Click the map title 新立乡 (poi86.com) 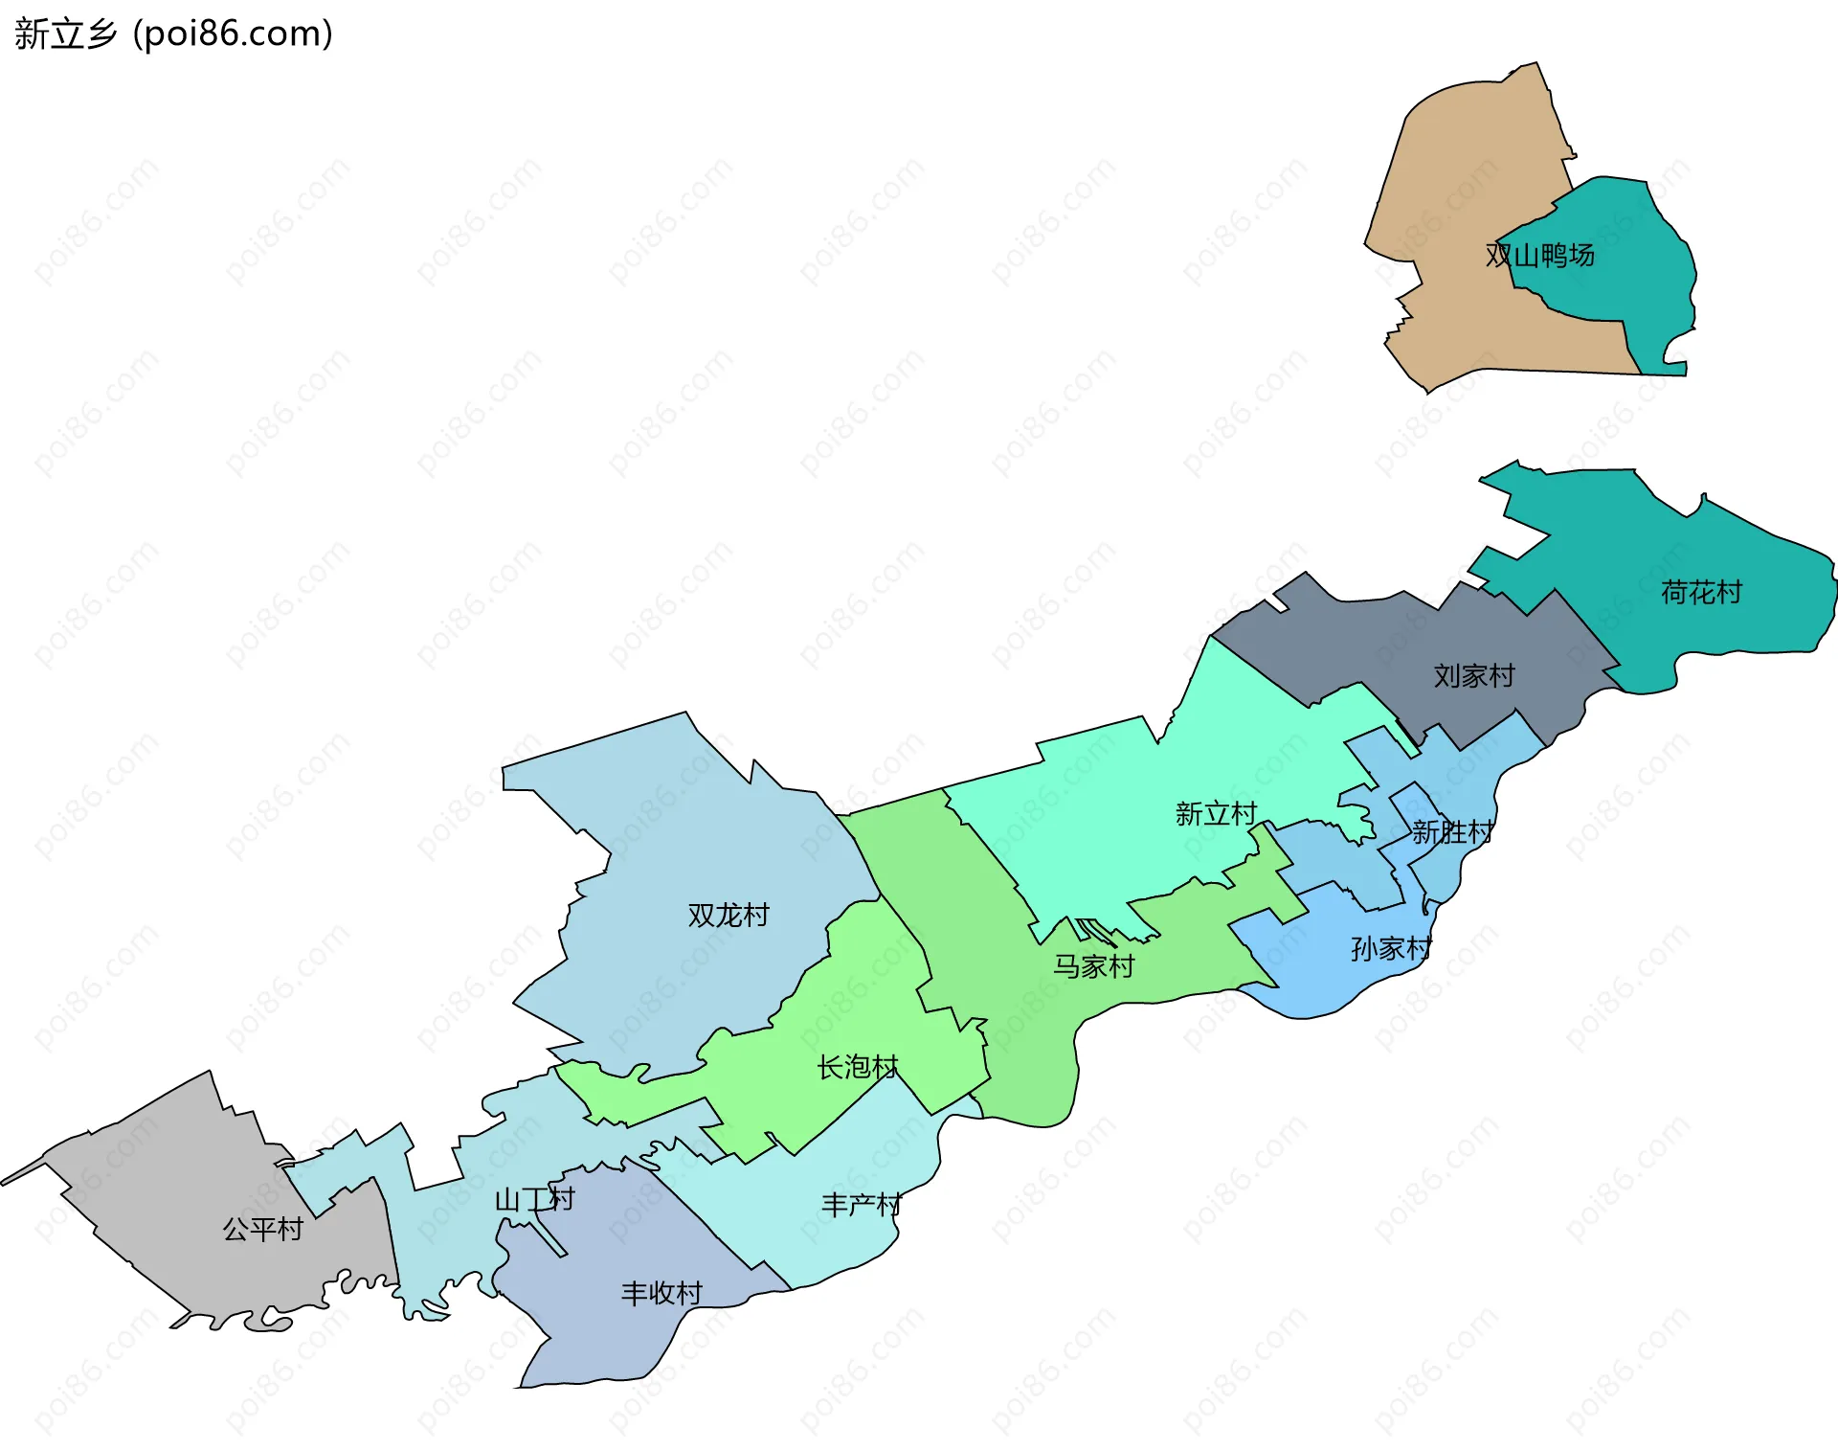(173, 34)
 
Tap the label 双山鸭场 (1539, 256)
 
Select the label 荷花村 (1701, 593)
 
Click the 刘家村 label (1474, 676)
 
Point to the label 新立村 (1216, 814)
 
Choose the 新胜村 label (1452, 832)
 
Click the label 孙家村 (1391, 949)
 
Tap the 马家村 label (1093, 966)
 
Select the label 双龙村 (728, 916)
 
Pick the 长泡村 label (858, 1067)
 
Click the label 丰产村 (862, 1205)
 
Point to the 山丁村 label (534, 1199)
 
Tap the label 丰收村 (661, 1294)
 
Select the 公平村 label (262, 1229)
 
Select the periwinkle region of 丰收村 (613, 1341)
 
